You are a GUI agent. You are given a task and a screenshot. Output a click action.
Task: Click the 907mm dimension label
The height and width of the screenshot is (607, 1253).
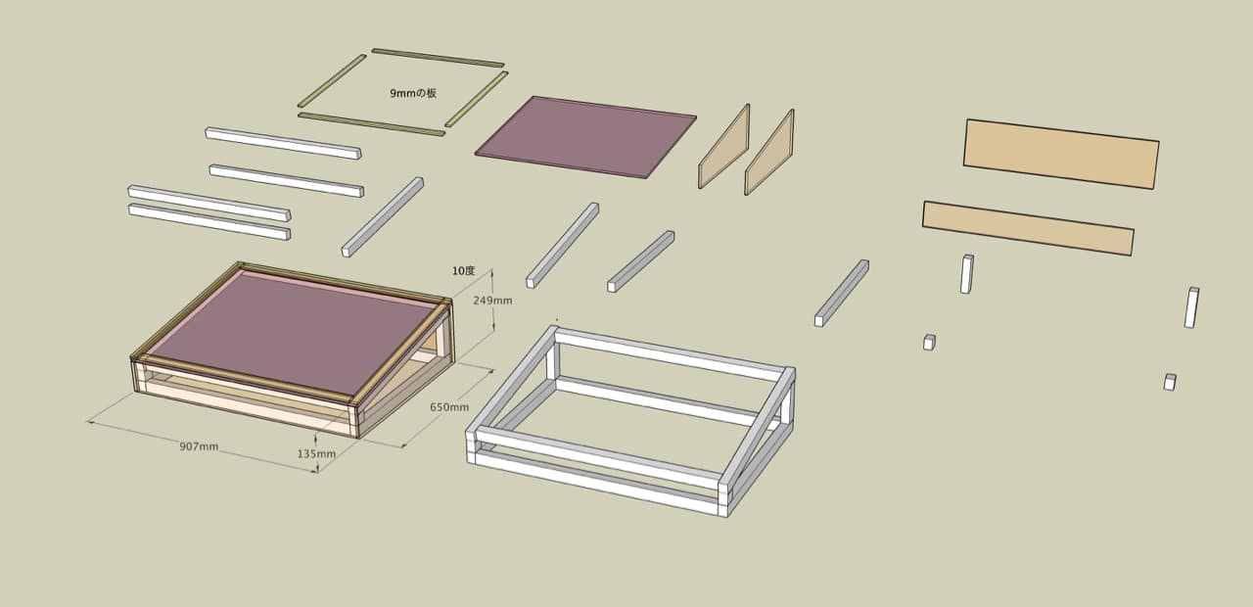[199, 446]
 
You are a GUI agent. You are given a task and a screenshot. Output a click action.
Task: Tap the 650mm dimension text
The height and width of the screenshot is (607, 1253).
[449, 406]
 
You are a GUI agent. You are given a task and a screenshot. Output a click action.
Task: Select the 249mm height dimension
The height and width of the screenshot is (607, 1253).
[492, 301]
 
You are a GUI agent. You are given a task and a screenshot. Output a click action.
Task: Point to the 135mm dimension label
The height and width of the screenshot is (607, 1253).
[316, 453]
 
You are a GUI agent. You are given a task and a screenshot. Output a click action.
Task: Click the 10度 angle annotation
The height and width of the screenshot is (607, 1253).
[463, 271]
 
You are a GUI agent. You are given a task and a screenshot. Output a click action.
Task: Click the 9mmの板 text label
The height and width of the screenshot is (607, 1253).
[413, 93]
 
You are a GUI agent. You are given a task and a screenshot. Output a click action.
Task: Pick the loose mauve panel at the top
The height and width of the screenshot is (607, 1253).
[585, 137]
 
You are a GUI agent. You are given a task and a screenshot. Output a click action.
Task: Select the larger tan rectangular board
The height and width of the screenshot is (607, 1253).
[1061, 154]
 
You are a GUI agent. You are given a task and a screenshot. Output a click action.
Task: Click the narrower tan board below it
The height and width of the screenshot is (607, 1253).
[1028, 228]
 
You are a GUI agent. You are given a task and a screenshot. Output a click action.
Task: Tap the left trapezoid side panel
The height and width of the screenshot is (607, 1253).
[723, 147]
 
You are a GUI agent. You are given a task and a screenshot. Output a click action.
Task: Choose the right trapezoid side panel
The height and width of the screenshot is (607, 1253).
[769, 152]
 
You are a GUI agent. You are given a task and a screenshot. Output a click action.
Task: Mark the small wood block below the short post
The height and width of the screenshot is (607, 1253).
[929, 343]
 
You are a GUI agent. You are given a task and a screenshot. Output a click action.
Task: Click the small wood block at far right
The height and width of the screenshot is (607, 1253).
[1170, 382]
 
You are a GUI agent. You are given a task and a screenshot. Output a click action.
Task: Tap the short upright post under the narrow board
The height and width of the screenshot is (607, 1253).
[967, 274]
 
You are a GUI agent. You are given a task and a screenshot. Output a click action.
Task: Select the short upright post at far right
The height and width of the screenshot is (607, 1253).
[1191, 307]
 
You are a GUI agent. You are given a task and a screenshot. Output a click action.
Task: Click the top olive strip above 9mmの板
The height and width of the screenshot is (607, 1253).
[438, 58]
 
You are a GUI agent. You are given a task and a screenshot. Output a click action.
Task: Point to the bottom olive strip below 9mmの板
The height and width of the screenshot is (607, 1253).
[371, 124]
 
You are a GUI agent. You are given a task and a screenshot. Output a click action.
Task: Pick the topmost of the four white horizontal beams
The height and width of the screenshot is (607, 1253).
[283, 143]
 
